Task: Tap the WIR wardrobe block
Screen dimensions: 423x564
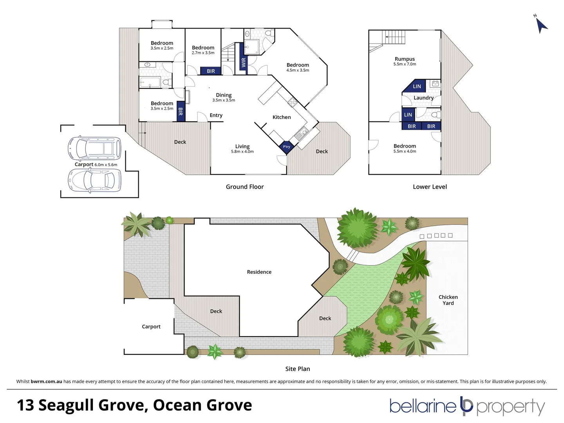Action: [243, 62]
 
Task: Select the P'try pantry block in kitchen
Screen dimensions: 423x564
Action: [287, 147]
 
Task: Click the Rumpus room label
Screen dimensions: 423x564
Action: [405, 59]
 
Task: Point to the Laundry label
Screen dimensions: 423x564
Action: [423, 98]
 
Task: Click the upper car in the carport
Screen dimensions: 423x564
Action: [94, 148]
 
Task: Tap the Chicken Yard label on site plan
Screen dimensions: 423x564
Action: [448, 300]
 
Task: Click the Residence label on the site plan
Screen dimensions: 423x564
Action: [259, 272]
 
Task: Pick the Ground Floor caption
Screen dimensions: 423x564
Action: [245, 187]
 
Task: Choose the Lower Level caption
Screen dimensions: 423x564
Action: [430, 187]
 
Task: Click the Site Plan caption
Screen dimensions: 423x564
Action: [298, 369]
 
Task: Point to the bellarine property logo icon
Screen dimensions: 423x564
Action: [466, 406]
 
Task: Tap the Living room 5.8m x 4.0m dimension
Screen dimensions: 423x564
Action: [242, 152]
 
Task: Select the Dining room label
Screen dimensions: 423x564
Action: [224, 95]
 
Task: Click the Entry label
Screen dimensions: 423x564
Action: [216, 115]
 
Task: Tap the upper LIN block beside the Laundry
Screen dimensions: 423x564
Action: [417, 87]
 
